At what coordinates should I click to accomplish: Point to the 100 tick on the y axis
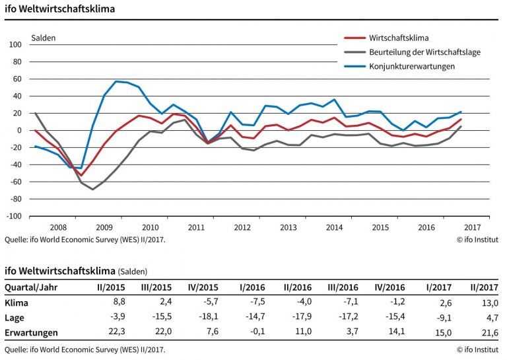15,45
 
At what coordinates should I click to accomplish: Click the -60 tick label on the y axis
15,182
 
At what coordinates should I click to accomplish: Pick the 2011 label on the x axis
196,227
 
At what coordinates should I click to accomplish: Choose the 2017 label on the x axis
473,227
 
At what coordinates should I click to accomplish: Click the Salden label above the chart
44,38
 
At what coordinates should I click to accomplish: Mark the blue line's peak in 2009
116,81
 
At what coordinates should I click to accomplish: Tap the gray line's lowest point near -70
93,189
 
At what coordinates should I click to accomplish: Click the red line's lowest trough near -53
81,176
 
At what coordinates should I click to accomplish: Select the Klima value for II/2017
490,303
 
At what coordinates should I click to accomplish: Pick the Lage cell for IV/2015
209,316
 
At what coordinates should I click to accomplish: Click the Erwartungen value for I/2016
257,332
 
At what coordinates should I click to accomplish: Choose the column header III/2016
343,287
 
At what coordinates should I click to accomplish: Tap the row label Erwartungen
32,332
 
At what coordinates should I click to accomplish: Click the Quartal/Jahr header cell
31,287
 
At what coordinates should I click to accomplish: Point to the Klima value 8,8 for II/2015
119,302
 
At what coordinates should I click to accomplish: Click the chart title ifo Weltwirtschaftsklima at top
60,9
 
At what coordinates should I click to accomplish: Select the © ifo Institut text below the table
477,349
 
